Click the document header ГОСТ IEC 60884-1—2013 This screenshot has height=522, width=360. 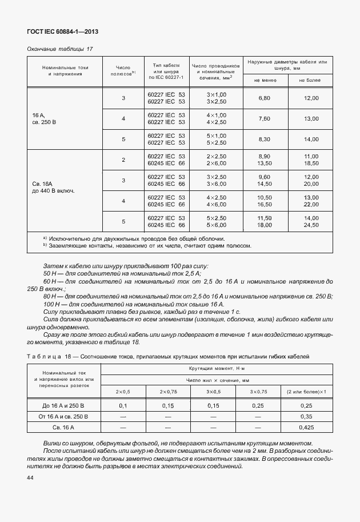59,32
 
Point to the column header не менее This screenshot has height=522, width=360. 264,80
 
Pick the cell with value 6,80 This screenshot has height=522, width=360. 264,98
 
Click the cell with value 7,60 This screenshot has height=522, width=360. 264,119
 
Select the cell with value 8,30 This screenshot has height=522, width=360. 264,140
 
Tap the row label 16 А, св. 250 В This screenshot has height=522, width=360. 42,118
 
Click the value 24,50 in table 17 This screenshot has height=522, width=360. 311,225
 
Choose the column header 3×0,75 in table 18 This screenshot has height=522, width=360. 259,392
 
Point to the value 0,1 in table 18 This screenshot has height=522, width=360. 122,405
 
